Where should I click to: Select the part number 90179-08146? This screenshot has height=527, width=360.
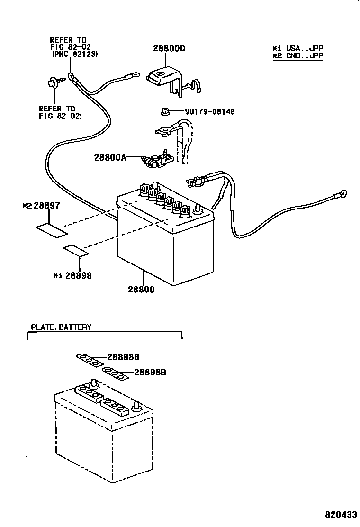(210, 112)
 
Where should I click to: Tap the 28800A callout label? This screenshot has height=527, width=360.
(110, 158)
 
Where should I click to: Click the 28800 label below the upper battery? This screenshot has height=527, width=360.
(140, 289)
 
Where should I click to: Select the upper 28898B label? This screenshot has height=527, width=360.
(123, 357)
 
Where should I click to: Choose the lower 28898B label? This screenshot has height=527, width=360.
(150, 372)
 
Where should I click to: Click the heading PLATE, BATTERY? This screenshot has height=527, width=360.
(61, 327)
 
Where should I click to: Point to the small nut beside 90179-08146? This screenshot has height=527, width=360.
(165, 112)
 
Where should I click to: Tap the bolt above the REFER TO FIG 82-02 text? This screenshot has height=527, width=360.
(53, 84)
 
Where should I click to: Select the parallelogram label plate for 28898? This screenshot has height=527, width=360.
(76, 251)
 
